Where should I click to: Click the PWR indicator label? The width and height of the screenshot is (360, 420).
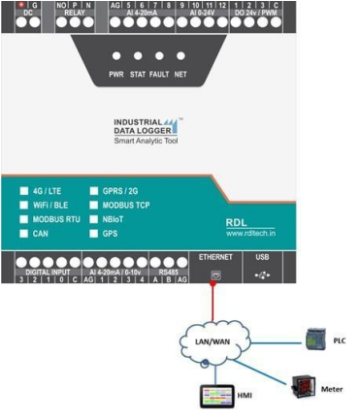coord(117,73)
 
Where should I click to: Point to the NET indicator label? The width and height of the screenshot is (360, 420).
coord(180,73)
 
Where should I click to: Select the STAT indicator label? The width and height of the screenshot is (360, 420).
coord(137,73)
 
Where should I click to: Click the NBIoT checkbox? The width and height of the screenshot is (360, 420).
coord(94,219)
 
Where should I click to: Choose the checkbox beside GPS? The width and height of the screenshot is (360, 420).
coord(94,233)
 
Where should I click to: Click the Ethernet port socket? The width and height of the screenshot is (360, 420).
coord(215,275)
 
